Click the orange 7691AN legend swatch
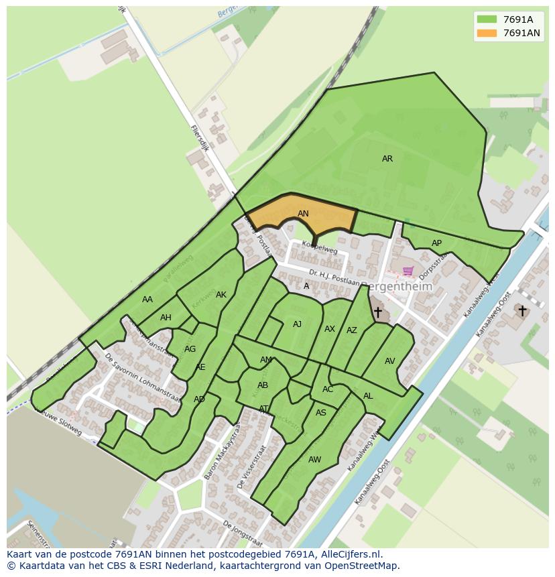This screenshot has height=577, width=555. coord(487,33)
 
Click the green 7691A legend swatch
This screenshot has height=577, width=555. coord(487,19)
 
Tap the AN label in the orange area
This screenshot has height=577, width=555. coord(303,214)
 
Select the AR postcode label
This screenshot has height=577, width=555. coord(387,159)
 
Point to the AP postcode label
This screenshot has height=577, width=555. coord(436,243)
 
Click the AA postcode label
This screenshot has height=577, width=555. coord(147,300)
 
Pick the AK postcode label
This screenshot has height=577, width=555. coord(221,295)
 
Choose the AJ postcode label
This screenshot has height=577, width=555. coord(297,324)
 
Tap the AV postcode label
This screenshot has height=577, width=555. coord(390,361)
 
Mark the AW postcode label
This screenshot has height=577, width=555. coord(314,460)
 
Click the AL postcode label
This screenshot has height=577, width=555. coord(368,396)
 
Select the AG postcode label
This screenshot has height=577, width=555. coord(190,349)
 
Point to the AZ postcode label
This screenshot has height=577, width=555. coord(352,330)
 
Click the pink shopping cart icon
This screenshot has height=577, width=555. coord(408,271)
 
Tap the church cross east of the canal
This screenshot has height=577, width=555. coord(521,311)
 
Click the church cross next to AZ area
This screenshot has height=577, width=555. coord(377,312)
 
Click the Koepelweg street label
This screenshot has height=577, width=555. coord(319,248)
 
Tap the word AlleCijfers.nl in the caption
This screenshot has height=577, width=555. coord(348,554)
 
